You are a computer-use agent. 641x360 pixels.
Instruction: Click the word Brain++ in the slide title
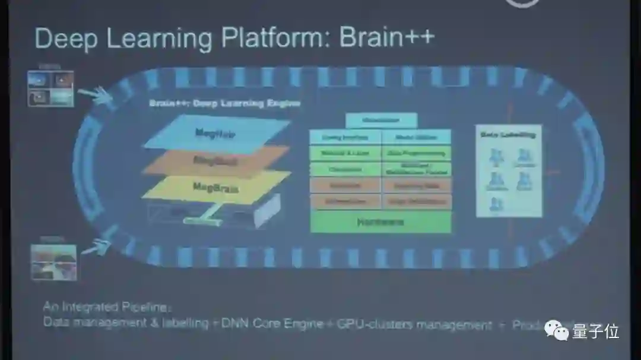click(387, 38)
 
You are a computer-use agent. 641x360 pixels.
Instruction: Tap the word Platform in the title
click(271, 39)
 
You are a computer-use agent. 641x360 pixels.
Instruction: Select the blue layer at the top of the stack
click(216, 133)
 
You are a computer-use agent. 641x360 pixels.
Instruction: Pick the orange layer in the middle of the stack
click(215, 160)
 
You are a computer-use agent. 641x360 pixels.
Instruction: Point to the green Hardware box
click(380, 222)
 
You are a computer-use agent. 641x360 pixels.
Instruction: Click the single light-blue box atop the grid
click(380, 120)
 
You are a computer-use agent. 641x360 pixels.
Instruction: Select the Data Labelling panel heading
click(508, 135)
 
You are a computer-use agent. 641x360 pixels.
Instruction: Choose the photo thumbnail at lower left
click(53, 261)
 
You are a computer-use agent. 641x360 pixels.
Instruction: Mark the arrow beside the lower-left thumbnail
click(96, 247)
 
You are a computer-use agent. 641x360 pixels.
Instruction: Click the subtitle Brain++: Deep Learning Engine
click(224, 103)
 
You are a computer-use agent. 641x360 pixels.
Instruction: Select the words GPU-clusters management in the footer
click(414, 324)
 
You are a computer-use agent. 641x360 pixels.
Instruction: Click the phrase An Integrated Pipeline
click(107, 307)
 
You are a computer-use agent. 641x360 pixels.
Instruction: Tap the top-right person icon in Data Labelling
click(523, 156)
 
